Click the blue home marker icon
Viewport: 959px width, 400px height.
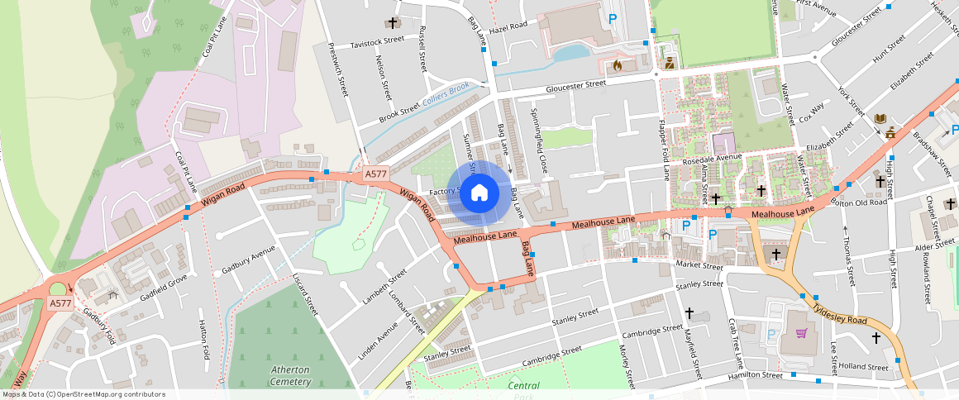coord(479,193)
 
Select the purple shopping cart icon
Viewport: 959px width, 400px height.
coord(800,333)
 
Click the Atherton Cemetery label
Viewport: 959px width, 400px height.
coord(290,375)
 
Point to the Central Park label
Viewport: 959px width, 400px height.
coord(523,386)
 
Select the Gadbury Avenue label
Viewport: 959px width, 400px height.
coord(248,260)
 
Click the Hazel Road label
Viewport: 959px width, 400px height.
coord(508,27)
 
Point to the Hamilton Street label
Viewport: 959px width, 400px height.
coord(755,375)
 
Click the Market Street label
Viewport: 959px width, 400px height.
coord(699,265)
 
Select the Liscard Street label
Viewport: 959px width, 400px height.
coord(305,294)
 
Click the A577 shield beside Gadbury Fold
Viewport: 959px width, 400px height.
coord(60,303)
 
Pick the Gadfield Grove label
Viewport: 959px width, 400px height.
coord(164,286)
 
